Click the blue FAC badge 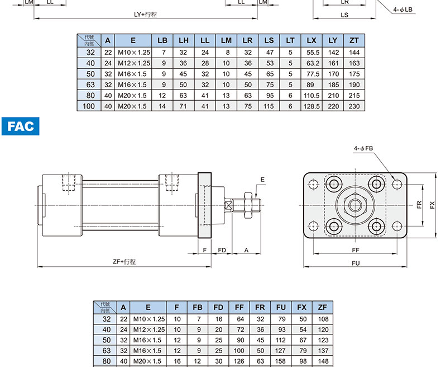21,126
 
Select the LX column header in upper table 311,41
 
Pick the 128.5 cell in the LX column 311,106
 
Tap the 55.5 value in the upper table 313,53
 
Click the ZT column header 354,41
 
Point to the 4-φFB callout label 363,148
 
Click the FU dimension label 356,263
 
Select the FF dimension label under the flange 356,250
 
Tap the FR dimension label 419,204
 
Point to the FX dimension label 432,205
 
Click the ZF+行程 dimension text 124,262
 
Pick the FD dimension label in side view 222,250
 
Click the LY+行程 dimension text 145,15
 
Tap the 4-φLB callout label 402,10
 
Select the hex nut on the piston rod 248,205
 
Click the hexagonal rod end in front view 355,205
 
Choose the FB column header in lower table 198,308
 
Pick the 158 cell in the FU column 280,361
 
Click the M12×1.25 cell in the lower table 149,330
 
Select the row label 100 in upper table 89,106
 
